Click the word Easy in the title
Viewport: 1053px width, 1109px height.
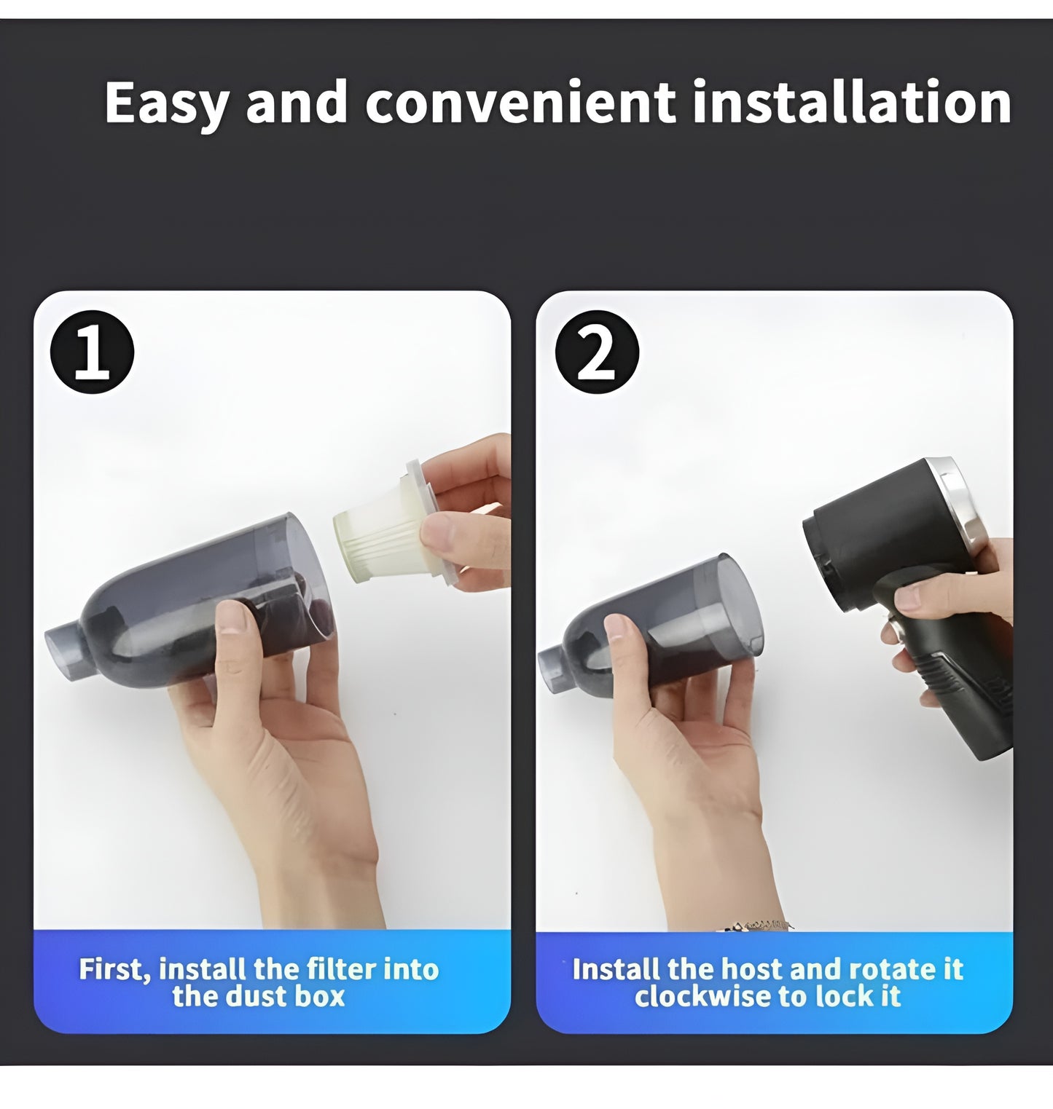click(166, 103)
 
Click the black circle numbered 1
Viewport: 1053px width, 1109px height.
click(92, 352)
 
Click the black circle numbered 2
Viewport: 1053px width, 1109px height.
click(596, 352)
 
